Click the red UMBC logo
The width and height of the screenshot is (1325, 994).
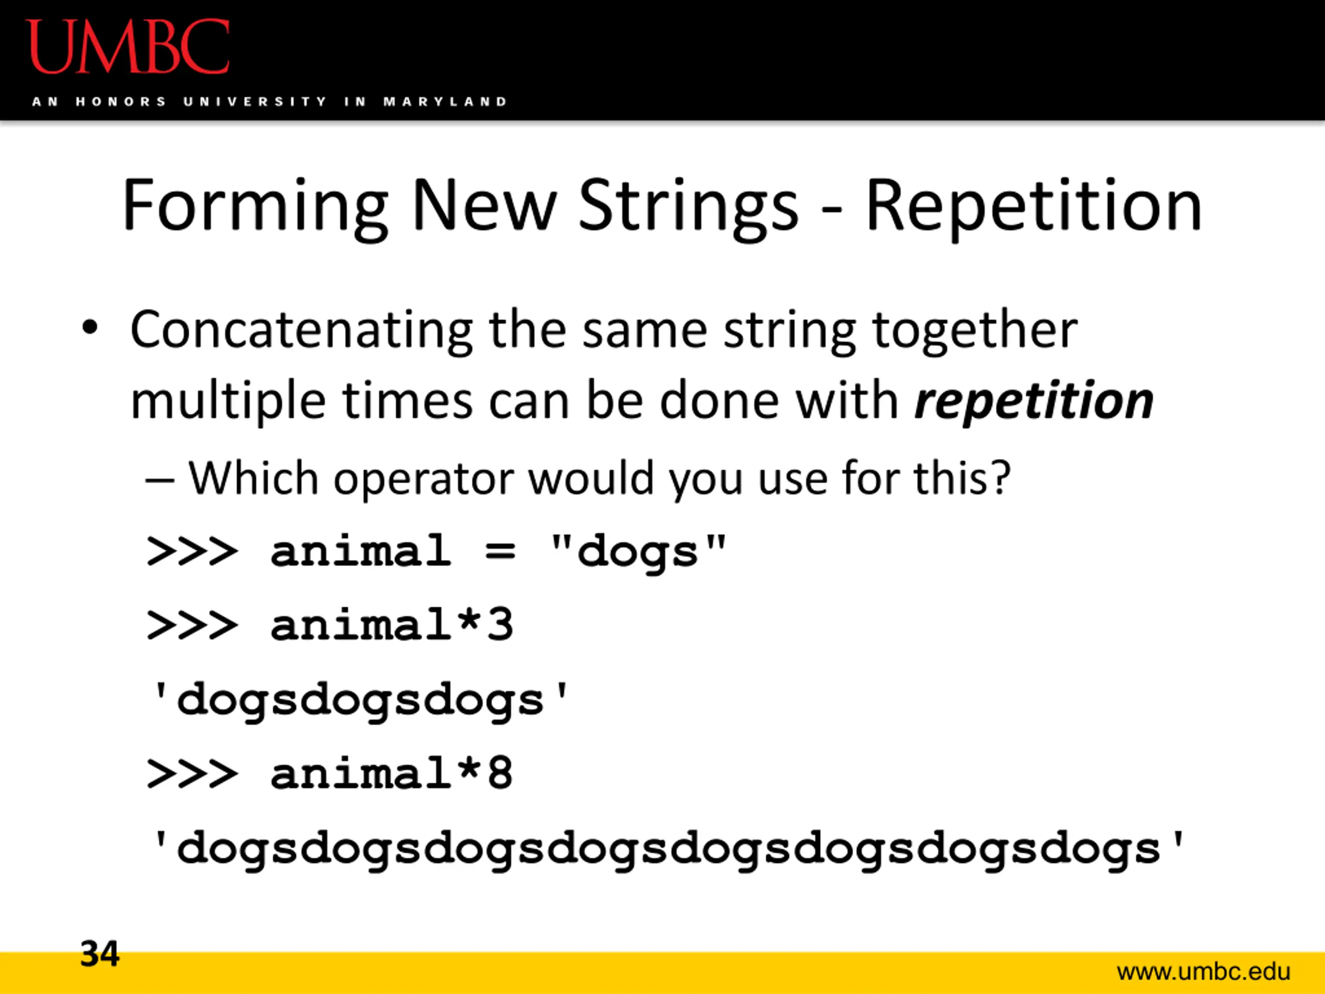click(x=128, y=47)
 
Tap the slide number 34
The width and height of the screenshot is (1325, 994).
click(x=100, y=953)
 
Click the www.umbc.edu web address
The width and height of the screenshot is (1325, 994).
click(x=1203, y=971)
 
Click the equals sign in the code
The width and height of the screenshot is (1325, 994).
click(x=500, y=551)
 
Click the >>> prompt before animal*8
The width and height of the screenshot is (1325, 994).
click(x=192, y=773)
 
